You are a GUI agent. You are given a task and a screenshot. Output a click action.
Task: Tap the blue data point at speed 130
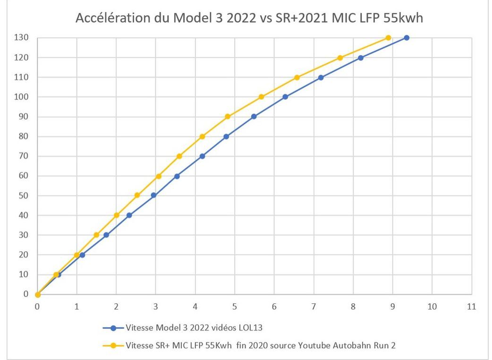point(406,38)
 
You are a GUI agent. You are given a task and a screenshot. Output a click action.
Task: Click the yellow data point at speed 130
point(388,38)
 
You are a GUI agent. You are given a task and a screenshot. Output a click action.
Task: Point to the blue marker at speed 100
point(285,97)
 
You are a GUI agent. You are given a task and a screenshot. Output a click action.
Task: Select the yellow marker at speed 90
point(228,117)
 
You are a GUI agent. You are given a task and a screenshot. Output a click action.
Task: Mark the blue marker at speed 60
point(177,176)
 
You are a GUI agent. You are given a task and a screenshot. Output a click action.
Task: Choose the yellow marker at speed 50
point(137,195)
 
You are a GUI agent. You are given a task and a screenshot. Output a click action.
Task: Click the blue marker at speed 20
point(82,255)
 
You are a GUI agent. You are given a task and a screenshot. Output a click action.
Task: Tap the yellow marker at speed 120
point(340,58)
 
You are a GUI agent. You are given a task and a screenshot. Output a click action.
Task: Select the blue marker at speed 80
point(226,137)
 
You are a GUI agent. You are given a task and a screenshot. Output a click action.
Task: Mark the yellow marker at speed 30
point(96,235)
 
